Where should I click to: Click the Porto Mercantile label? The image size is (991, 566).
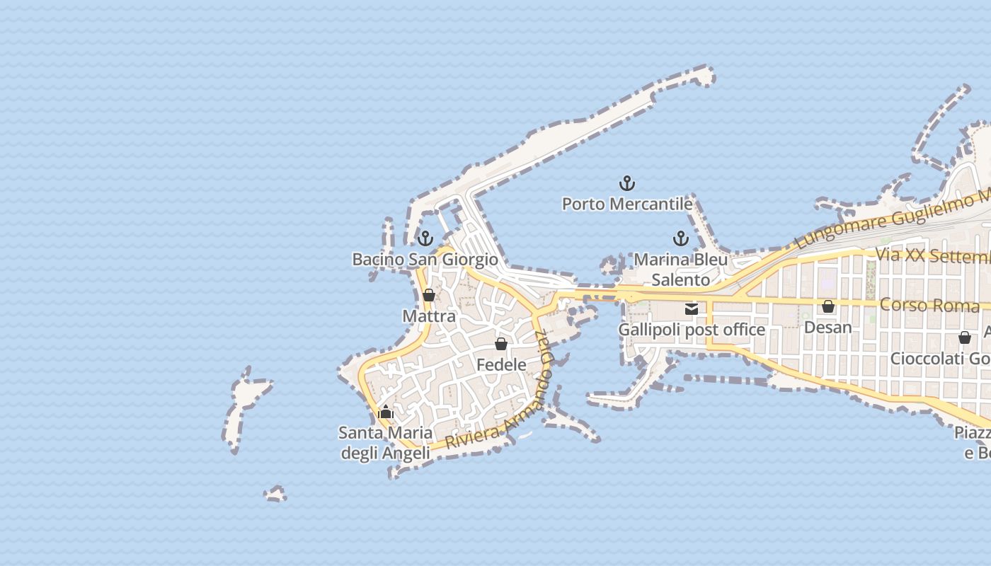tap(627, 204)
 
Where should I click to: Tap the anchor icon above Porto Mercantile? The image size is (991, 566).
tap(627, 184)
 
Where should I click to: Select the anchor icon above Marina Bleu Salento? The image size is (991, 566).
tap(681, 238)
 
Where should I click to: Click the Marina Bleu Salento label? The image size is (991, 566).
tap(681, 270)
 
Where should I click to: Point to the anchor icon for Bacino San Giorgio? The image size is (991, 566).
tap(425, 238)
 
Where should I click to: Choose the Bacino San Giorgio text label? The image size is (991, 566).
tap(425, 260)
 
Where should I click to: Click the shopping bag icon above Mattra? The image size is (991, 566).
tap(429, 295)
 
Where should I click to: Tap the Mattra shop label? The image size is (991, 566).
tap(429, 316)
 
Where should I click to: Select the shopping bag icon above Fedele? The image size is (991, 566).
tap(501, 345)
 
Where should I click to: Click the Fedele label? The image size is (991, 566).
tap(501, 365)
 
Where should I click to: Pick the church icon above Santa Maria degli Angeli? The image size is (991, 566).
tap(386, 412)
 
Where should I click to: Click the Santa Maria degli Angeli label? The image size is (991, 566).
tap(386, 443)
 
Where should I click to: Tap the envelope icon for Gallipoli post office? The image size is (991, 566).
tap(692, 309)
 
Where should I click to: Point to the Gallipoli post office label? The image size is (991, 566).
tap(692, 330)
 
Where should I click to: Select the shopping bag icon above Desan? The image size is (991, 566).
tap(828, 307)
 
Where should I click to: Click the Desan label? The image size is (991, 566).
tap(828, 328)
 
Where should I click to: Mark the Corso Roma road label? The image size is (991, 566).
tap(929, 306)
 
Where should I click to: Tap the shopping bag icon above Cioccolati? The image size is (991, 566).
tap(965, 338)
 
